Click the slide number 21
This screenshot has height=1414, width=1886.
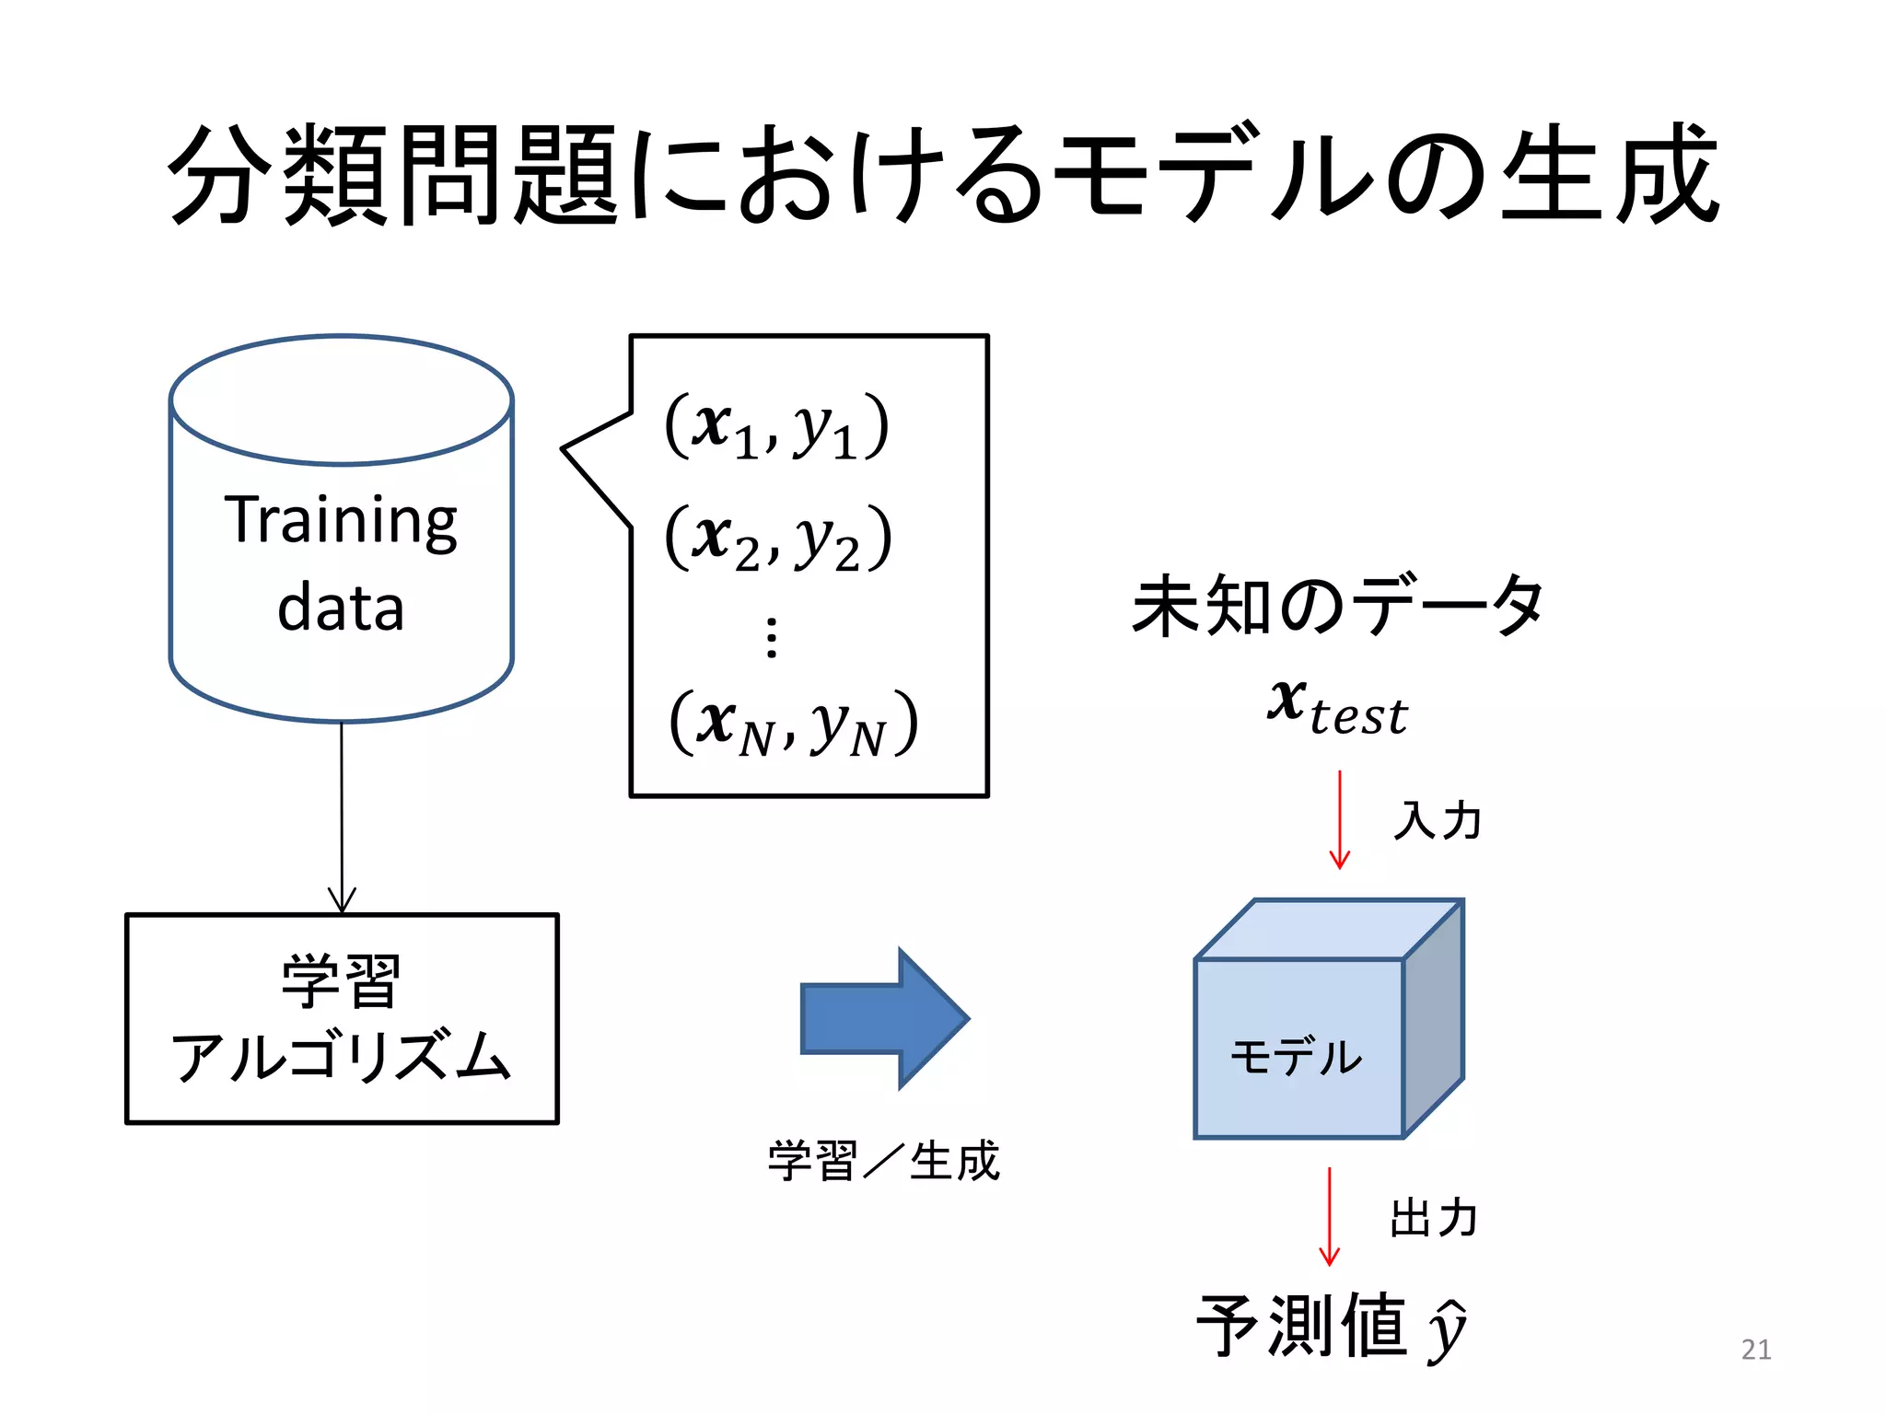tap(1755, 1349)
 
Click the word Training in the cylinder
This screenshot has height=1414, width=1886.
tap(341, 521)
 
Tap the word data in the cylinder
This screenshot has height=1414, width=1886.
tap(341, 608)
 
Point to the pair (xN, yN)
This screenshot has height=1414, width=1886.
tap(793, 724)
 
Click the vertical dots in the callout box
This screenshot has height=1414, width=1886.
tap(772, 637)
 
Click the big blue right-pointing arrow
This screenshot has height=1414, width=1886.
tap(884, 1018)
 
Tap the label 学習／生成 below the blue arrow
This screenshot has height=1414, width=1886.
tap(883, 1160)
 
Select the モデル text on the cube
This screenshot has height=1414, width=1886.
tap(1296, 1056)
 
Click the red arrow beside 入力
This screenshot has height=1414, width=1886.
tap(1339, 819)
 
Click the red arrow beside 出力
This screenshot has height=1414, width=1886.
tap(1329, 1215)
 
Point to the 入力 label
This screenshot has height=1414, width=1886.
tap(1437, 819)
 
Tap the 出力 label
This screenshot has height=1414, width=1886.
tap(1434, 1217)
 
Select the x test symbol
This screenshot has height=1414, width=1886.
tap(1337, 707)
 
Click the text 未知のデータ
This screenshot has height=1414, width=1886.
tap(1337, 605)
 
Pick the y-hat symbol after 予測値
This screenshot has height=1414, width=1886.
tap(1447, 1330)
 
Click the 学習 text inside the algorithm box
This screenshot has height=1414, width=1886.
tap(341, 981)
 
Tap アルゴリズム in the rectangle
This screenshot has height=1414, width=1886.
tap(341, 1056)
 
